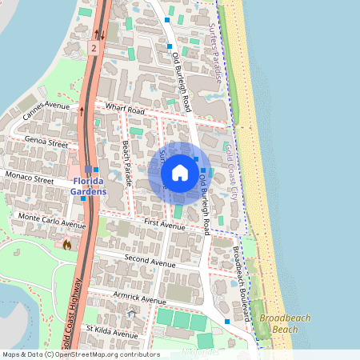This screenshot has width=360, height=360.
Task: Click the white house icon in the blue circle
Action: [180, 173]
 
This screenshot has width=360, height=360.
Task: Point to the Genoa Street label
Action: [47, 142]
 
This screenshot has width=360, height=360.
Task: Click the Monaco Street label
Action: [29, 174]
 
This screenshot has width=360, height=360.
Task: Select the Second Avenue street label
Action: [150, 262]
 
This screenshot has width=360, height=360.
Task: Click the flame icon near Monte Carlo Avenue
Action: [66, 245]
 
